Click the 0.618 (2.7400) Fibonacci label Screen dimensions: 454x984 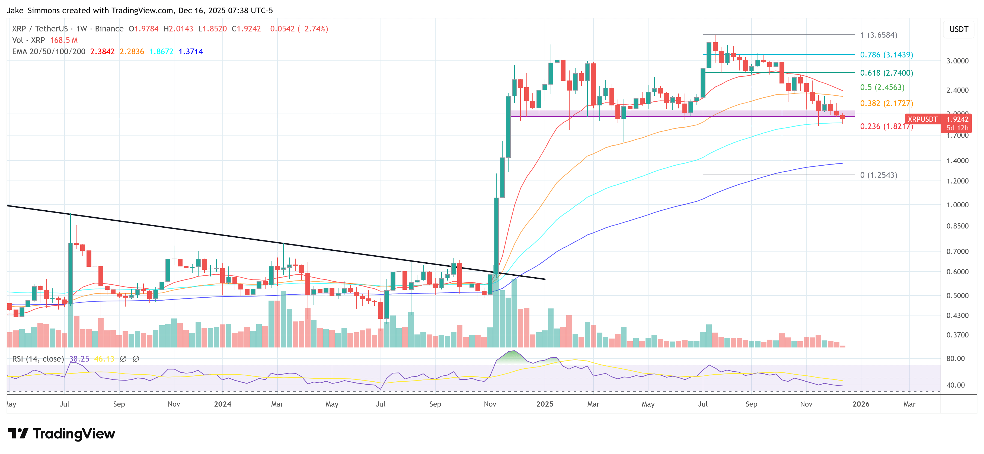click(886, 73)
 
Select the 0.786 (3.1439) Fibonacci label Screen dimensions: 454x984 click(886, 54)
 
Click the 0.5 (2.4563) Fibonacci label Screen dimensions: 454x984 click(882, 88)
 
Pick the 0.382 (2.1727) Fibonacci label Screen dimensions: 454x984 click(886, 104)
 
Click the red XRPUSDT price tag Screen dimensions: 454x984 click(922, 119)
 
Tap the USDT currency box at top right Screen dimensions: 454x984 click(959, 29)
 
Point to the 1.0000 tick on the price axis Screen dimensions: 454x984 click(957, 205)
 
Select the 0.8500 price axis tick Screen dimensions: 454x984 click(957, 226)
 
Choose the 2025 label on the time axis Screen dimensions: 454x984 click(544, 404)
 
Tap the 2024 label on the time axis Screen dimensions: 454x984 click(222, 404)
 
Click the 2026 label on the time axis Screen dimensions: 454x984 click(861, 404)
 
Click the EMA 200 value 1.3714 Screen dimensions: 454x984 click(191, 51)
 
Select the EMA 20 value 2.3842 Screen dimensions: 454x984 click(102, 51)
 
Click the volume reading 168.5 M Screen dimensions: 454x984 click(63, 40)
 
